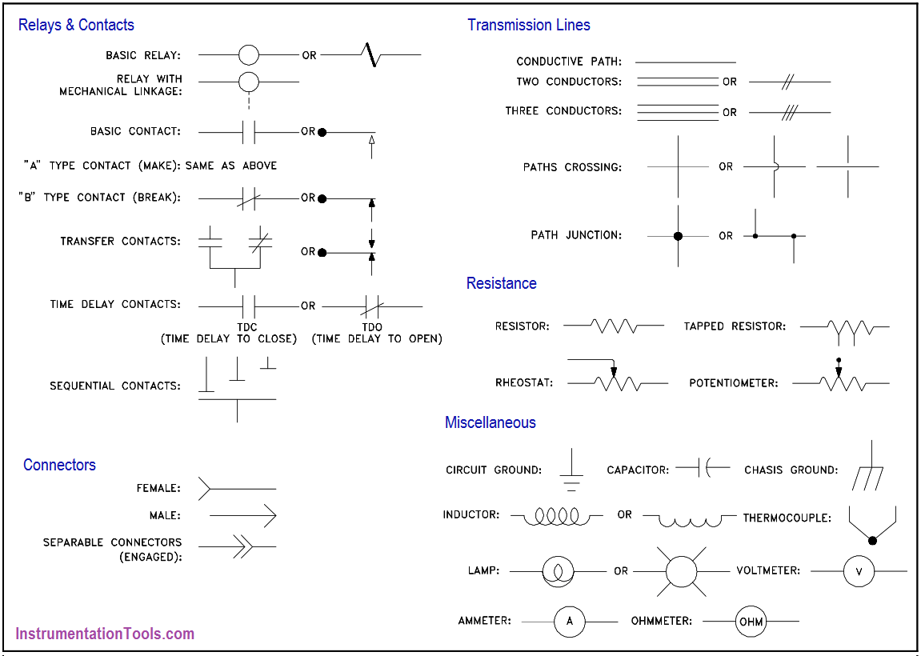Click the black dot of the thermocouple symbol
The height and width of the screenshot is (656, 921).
pos(872,540)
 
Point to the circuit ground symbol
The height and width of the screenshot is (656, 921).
pos(571,470)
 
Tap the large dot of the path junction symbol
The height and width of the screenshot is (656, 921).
pos(678,236)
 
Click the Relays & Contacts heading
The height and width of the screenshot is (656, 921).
pos(76,25)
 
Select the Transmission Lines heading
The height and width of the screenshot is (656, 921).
pos(529,25)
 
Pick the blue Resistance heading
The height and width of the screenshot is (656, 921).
pos(501,283)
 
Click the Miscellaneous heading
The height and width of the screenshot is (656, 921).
pos(491,422)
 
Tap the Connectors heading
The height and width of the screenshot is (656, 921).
pos(59,465)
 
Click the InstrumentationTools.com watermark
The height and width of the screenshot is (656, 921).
pos(105,634)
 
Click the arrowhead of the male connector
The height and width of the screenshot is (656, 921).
pos(270,516)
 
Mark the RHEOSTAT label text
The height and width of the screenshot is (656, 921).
pos(525,383)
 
